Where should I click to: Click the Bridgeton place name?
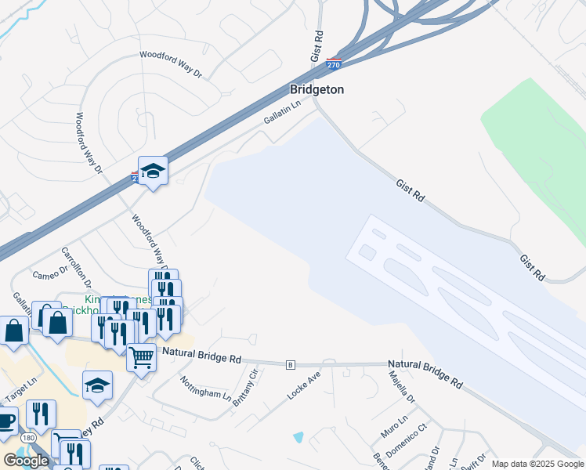[x=317, y=89]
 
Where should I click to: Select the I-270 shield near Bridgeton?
[x=334, y=66]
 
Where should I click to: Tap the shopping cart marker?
[x=141, y=358]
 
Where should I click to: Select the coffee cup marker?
[x=6, y=420]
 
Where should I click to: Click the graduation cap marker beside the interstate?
[x=154, y=171]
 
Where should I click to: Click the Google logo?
[x=26, y=461]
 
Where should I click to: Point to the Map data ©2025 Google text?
[x=537, y=464]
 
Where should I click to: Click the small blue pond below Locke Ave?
[x=298, y=436]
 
